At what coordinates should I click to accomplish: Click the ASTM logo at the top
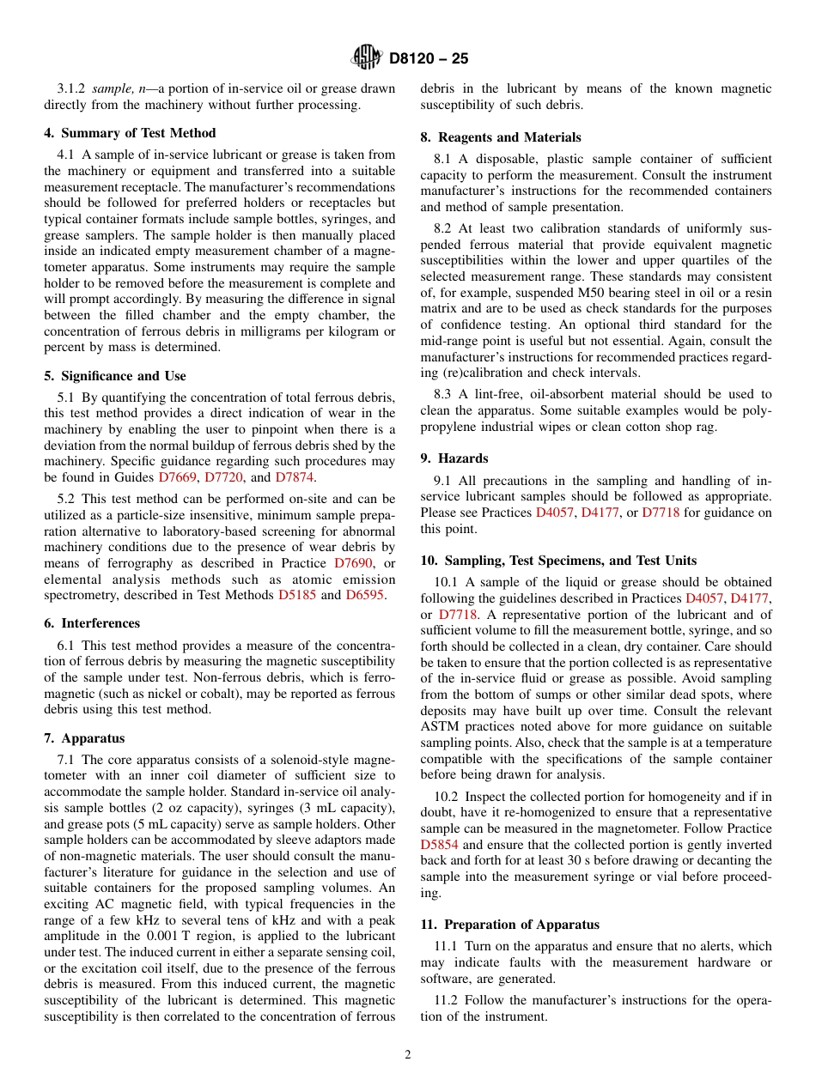367,58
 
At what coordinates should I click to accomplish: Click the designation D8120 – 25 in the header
429,59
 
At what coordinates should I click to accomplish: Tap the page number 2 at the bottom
408,1055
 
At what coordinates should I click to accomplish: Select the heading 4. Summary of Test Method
130,133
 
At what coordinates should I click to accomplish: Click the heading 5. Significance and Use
115,376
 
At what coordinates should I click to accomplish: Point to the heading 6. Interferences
92,623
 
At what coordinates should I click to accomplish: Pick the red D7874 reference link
295,477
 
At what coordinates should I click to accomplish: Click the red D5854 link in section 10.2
440,845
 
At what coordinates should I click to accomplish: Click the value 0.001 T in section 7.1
174,936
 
